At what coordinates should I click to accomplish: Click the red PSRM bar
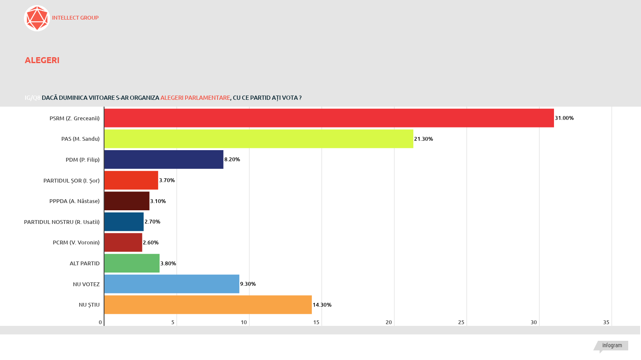[x=328, y=118]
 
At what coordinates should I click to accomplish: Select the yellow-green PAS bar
[x=258, y=139]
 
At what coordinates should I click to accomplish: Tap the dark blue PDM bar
[x=164, y=160]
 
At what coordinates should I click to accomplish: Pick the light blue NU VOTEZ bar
[x=171, y=284]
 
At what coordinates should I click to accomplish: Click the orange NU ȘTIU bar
[x=208, y=305]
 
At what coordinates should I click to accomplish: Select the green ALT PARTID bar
[x=132, y=263]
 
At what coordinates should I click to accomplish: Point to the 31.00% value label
[x=564, y=118]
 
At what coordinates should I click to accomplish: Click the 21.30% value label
[x=423, y=139]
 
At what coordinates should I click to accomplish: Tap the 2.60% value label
[x=151, y=243]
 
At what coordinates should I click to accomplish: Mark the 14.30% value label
[x=322, y=305]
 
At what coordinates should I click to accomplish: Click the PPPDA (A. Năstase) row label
[x=74, y=201]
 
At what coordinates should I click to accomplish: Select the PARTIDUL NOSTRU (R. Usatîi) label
[x=62, y=222]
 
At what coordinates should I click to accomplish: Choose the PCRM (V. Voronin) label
[x=76, y=243]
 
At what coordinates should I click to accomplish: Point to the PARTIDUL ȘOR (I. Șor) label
[x=71, y=180]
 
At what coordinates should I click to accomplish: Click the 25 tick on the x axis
[x=461, y=322]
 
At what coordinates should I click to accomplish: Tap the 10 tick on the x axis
[x=244, y=322]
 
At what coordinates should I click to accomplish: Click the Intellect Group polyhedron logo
[x=37, y=18]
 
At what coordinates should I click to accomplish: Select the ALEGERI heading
[x=42, y=60]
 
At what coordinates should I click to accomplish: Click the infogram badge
[x=612, y=345]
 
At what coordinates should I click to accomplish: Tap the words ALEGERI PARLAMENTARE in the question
[x=195, y=98]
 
